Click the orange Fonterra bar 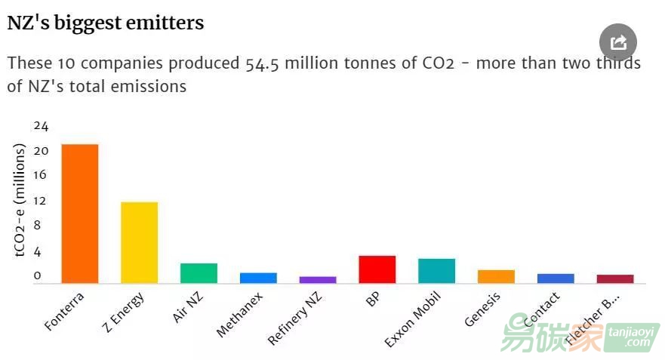coord(79,214)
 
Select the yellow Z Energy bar coord(140,242)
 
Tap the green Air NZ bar coord(199,273)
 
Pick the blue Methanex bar coord(258,278)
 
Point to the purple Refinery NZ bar coord(318,280)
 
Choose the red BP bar coord(377,269)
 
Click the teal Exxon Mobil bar coord(436,271)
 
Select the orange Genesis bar coord(496,276)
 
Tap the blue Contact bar coord(556,278)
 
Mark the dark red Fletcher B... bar coord(615,279)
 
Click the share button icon coord(618,42)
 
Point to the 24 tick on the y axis coord(41,125)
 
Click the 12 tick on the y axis coord(41,201)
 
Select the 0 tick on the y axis coord(37,276)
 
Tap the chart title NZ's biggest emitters coord(105,23)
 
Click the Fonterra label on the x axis coord(65,310)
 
